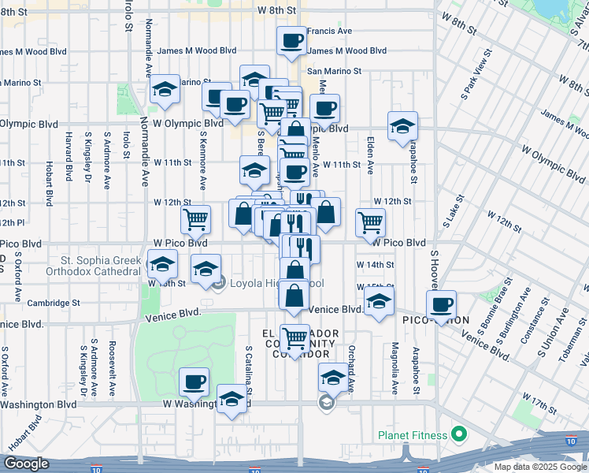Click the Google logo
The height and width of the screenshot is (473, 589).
(x=26, y=464)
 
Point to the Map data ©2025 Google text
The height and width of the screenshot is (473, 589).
(x=540, y=467)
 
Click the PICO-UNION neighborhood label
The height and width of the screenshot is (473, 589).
(x=435, y=321)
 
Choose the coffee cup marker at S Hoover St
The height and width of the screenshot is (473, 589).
(x=442, y=305)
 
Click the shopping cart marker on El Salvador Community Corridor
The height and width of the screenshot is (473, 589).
(x=294, y=339)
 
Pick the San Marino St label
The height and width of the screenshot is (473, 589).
(x=334, y=71)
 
